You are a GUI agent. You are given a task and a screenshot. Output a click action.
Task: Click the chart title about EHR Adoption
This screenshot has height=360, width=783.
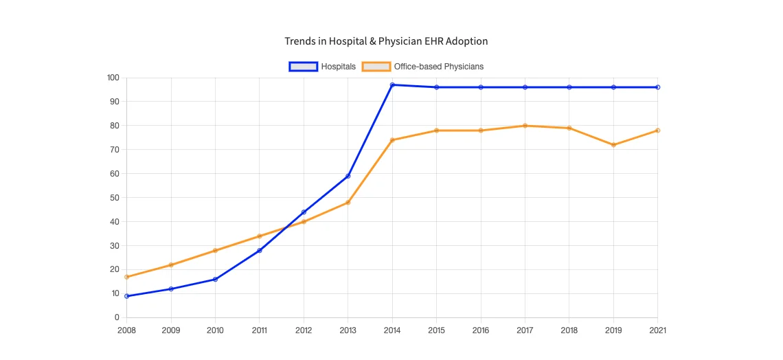click(x=386, y=41)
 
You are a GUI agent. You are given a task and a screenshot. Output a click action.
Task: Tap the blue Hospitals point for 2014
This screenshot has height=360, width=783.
click(x=392, y=85)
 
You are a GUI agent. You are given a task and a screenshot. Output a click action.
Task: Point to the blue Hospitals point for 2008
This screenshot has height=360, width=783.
click(x=126, y=296)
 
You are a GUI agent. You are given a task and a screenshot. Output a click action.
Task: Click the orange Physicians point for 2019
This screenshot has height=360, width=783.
click(x=613, y=145)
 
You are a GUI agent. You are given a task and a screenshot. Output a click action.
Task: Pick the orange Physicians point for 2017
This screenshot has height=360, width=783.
click(x=525, y=126)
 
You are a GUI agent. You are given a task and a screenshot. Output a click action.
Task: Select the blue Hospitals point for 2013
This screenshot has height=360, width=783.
click(x=348, y=176)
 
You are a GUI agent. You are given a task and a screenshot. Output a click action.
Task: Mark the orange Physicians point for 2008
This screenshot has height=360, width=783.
click(x=126, y=277)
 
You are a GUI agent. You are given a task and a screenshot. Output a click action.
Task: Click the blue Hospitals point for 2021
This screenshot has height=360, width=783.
click(x=657, y=87)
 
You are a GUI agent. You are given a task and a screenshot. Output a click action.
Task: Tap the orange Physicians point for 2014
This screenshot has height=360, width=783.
click(x=392, y=140)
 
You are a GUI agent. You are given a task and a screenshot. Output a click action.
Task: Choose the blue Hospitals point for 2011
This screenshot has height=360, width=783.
click(x=260, y=251)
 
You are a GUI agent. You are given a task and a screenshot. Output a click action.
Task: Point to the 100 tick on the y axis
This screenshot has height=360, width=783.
click(x=113, y=78)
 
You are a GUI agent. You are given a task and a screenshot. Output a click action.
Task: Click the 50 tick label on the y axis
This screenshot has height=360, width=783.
click(x=115, y=198)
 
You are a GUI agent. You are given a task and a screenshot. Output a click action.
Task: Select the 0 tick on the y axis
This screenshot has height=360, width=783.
click(x=117, y=317)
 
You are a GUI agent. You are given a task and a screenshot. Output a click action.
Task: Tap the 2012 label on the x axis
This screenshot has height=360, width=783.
click(x=304, y=330)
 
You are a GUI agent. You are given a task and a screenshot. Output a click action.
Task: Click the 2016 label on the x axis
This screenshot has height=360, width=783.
click(x=481, y=330)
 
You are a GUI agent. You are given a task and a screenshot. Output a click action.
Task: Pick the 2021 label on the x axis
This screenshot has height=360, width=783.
click(x=657, y=330)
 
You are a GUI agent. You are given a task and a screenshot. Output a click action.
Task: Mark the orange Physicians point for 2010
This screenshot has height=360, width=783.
click(x=215, y=251)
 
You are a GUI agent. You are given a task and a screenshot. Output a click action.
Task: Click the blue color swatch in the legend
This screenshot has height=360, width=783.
click(x=303, y=67)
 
